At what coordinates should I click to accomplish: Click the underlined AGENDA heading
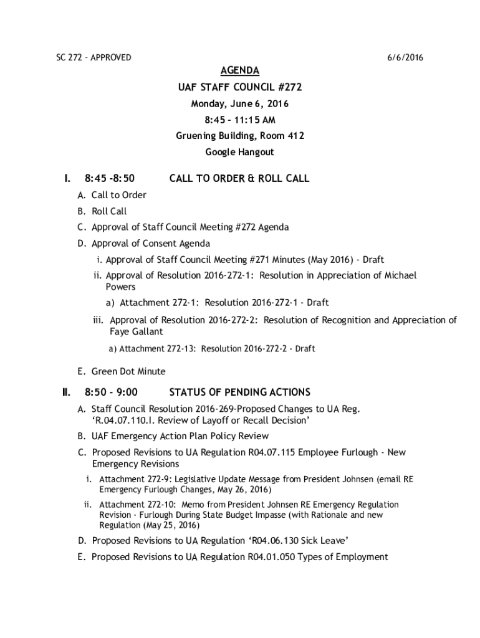coord(240,70)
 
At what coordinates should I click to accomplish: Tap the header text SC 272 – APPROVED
coord(90,57)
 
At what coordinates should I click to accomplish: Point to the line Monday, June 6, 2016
coord(240,103)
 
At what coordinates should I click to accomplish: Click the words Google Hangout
coord(240,152)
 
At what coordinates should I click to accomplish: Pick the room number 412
coord(295,136)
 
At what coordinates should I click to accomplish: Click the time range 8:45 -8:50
coord(110,179)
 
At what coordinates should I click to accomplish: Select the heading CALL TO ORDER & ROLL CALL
coord(239,179)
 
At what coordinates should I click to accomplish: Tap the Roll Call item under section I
coord(109,211)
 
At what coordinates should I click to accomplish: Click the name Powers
coord(120,287)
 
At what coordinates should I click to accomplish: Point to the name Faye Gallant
coord(137,332)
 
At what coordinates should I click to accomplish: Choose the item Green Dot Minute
coord(128,371)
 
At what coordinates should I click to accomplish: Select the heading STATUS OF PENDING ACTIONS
coord(239,393)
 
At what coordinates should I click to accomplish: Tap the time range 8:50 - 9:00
coord(112,393)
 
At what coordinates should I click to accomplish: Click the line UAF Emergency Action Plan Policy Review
coord(180,436)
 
